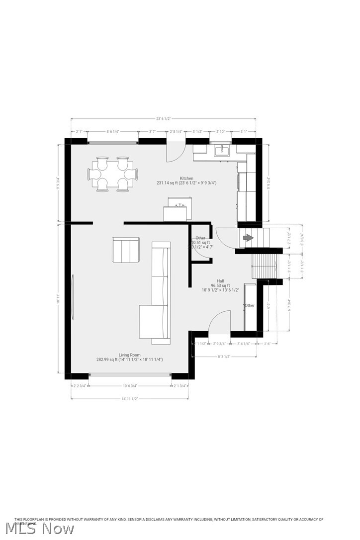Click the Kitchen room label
tap(186, 178)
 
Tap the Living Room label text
tap(129, 355)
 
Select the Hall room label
tap(220, 281)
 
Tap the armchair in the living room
tap(125, 250)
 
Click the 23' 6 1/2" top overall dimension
tap(164, 119)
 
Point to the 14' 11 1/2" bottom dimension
tap(129, 398)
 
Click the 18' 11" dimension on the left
tap(59, 301)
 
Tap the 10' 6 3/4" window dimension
tap(130, 386)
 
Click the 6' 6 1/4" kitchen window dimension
tap(113, 131)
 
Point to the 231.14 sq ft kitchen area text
tap(186, 183)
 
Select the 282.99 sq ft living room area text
tap(129, 360)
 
